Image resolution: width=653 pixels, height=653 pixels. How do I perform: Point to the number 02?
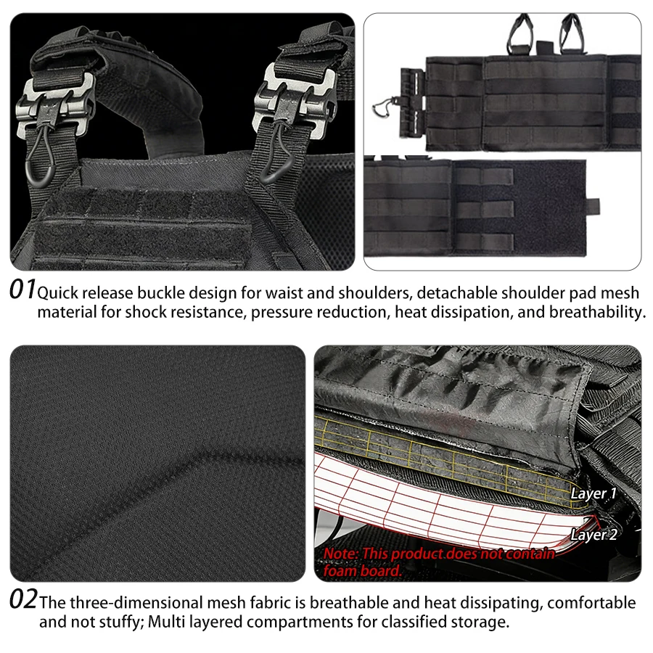(x=23, y=599)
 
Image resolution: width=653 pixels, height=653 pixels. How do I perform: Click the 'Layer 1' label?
(x=593, y=493)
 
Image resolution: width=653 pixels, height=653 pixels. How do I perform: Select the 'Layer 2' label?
(x=594, y=535)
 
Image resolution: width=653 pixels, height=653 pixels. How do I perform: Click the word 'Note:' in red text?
(x=341, y=554)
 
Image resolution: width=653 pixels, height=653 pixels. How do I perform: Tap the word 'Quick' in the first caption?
(x=57, y=294)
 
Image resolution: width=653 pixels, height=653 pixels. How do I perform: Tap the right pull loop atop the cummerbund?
(x=572, y=33)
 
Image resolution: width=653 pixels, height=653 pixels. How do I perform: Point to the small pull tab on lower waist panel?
(x=593, y=205)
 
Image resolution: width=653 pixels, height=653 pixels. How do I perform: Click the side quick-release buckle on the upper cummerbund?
(x=412, y=102)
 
